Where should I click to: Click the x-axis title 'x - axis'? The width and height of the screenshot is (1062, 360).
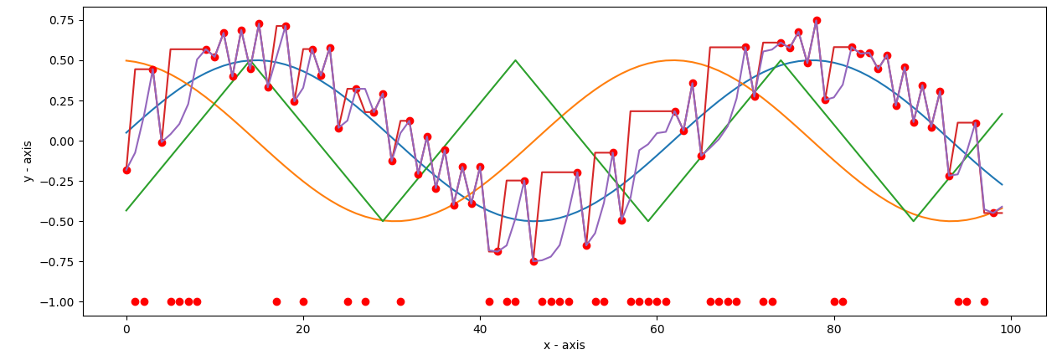click(x=564, y=346)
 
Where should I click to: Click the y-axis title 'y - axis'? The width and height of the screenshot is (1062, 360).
click(x=28, y=161)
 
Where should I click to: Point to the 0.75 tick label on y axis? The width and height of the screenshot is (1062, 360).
click(x=59, y=20)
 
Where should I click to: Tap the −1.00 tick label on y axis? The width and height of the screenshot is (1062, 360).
click(x=56, y=301)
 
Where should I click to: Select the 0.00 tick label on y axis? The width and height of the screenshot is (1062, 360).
click(x=59, y=141)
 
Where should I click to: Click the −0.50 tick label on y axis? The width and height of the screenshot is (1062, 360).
click(x=56, y=221)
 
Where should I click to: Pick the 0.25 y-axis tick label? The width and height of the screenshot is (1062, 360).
click(x=59, y=100)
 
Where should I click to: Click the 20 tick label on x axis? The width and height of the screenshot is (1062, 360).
click(x=303, y=329)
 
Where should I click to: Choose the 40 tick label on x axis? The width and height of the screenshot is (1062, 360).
click(x=480, y=329)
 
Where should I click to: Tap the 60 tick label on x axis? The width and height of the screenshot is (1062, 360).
click(x=657, y=329)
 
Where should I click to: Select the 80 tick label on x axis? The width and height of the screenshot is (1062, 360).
click(x=834, y=329)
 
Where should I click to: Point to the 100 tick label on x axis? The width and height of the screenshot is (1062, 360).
click(x=1011, y=329)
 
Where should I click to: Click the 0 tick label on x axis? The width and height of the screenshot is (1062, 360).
click(x=126, y=329)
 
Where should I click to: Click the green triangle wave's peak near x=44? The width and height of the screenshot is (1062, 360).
click(x=515, y=60)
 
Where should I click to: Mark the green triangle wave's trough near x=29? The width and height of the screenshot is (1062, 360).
click(x=383, y=221)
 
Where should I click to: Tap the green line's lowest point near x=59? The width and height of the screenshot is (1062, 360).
click(x=648, y=221)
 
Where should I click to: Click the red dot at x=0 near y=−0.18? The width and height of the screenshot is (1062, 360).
click(x=126, y=170)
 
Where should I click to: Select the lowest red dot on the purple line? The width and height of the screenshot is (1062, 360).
click(x=534, y=261)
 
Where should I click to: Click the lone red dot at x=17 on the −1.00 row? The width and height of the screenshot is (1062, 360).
click(x=276, y=301)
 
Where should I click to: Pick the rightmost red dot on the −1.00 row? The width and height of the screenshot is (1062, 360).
click(x=984, y=301)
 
